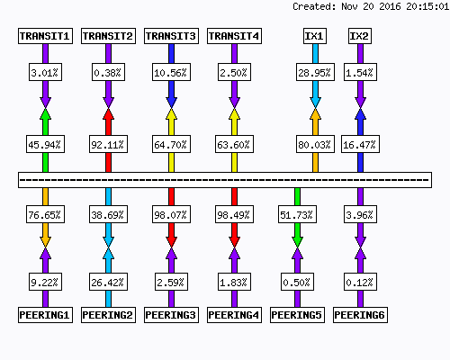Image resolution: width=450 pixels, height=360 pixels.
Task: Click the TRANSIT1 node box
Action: click(45, 36)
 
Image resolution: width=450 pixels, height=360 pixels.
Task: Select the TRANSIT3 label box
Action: click(171, 36)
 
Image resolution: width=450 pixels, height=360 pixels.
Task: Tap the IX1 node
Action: click(315, 36)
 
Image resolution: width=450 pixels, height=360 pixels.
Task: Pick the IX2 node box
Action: click(360, 36)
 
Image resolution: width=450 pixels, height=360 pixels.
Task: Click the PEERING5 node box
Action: click(297, 315)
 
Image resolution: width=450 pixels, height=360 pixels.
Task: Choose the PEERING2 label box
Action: click(108, 315)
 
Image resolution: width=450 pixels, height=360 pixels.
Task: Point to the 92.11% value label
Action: click(108, 145)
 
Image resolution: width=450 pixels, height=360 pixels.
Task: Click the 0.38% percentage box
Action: click(108, 72)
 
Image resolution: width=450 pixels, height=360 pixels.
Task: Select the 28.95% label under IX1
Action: click(315, 72)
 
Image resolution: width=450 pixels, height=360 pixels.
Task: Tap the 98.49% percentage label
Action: click(234, 214)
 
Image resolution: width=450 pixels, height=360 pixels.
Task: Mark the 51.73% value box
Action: click(297, 214)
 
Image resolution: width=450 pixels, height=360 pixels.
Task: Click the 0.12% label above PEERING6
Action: click(360, 282)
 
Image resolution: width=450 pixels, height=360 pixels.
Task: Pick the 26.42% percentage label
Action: click(108, 282)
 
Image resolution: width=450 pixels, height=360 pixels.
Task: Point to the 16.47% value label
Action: click(360, 145)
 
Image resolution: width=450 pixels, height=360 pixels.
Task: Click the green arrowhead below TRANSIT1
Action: click(45, 114)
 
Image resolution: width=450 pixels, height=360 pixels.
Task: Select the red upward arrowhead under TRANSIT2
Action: click(108, 114)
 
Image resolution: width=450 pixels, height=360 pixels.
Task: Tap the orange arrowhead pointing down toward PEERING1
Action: click(45, 242)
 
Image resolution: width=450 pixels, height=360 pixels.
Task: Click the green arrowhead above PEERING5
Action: click(297, 242)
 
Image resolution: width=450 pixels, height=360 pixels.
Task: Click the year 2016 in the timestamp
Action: click(390, 6)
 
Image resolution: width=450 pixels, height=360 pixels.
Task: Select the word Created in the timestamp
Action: click(314, 6)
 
